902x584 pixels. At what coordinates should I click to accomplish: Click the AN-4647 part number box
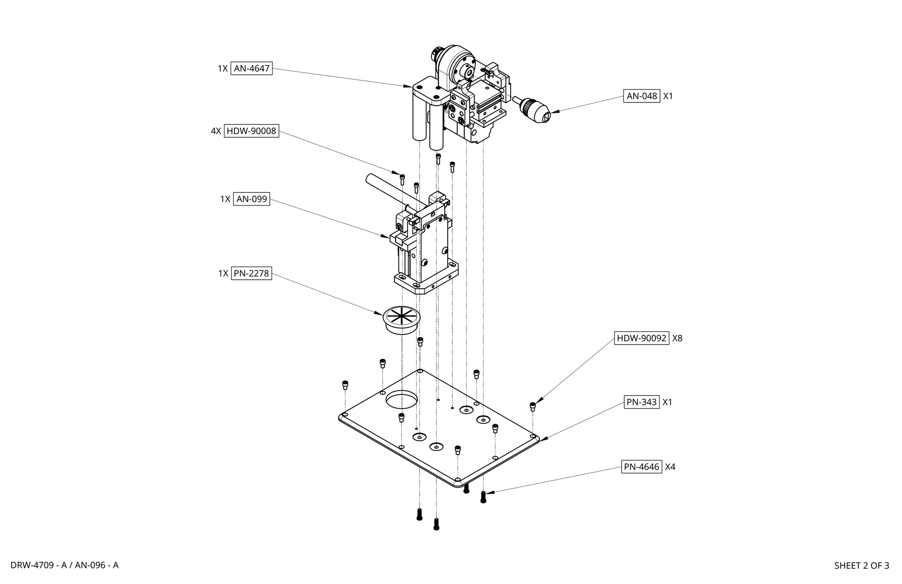251,69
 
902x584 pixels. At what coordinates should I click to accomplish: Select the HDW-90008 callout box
251,131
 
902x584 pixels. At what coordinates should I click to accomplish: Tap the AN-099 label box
251,199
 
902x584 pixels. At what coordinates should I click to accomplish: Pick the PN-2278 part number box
251,273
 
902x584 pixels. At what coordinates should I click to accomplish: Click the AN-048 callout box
642,96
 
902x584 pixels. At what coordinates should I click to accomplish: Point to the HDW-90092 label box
641,338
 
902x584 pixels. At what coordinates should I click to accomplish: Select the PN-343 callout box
642,402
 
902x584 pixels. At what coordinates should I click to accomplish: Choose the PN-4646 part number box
642,467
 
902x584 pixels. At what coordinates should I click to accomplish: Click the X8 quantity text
677,338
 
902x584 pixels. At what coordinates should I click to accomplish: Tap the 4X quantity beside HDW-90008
216,131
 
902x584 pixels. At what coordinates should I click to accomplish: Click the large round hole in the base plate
402,400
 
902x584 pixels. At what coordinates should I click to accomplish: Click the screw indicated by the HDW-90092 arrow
532,406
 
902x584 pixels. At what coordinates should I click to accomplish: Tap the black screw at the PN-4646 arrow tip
483,497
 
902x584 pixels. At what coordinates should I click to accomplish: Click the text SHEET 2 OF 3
861,566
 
